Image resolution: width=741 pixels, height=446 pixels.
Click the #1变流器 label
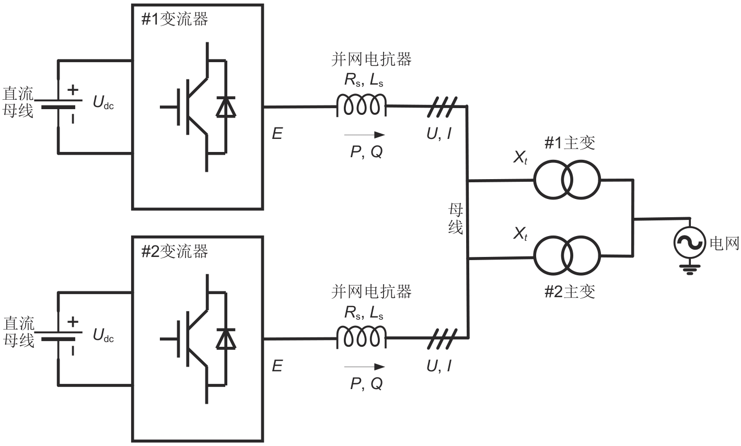pyautogui.click(x=175, y=19)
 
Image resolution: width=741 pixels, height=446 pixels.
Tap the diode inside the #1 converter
pyautogui.click(x=226, y=107)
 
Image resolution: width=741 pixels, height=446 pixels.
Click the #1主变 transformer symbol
pyautogui.click(x=567, y=181)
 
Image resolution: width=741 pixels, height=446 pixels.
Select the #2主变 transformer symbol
pyautogui.click(x=567, y=255)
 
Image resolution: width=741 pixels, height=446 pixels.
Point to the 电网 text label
pyautogui.click(x=724, y=243)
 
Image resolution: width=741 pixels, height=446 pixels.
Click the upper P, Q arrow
pyautogui.click(x=365, y=135)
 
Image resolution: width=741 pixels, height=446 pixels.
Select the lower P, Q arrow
pyautogui.click(x=365, y=367)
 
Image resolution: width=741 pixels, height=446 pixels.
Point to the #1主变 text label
pyautogui.click(x=570, y=143)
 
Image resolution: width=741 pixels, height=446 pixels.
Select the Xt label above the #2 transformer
pyautogui.click(x=520, y=234)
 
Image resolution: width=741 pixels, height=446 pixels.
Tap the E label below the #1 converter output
pyautogui.click(x=277, y=134)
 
